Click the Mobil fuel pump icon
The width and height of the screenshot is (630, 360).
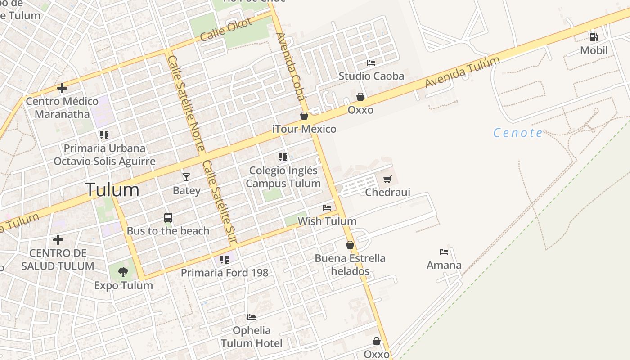click(x=594, y=37)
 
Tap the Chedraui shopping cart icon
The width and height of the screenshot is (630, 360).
click(x=387, y=180)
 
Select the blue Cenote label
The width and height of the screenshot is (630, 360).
click(x=518, y=133)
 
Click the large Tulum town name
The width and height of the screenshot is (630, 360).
click(x=112, y=190)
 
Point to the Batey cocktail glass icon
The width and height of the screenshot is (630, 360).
click(x=186, y=177)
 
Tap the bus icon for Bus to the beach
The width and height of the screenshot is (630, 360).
click(x=168, y=218)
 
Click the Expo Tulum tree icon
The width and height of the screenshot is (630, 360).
click(x=123, y=272)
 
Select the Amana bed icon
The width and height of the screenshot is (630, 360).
click(x=444, y=252)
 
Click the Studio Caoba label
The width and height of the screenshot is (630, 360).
click(x=371, y=76)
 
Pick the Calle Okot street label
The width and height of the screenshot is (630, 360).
click(x=220, y=30)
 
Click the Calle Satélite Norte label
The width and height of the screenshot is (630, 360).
click(x=186, y=103)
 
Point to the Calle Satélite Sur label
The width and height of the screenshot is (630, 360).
click(x=219, y=202)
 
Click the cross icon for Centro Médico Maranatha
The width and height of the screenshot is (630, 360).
click(x=62, y=88)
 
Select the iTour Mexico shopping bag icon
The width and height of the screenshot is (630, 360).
click(x=304, y=116)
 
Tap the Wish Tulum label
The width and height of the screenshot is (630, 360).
click(x=327, y=221)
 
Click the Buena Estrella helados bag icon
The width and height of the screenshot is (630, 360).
click(x=350, y=245)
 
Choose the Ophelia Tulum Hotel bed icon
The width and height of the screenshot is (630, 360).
click(x=252, y=317)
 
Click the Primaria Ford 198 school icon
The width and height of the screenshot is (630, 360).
click(x=224, y=260)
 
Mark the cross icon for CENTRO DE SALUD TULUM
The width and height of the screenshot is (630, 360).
click(x=58, y=239)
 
